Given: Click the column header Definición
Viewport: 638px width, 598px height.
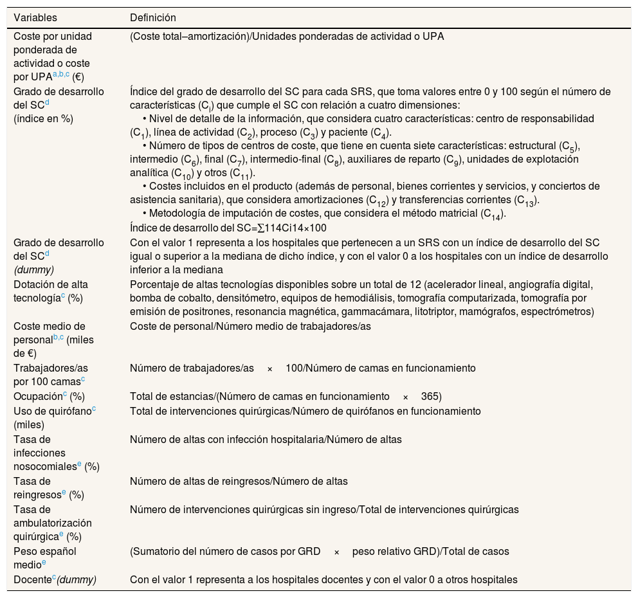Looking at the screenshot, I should click(x=153, y=17).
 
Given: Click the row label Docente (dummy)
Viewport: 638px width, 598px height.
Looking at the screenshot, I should click(x=55, y=580).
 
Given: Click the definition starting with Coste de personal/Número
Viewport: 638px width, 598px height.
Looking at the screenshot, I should click(x=250, y=327).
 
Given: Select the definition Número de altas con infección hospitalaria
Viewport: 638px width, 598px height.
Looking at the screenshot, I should click(x=266, y=440).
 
